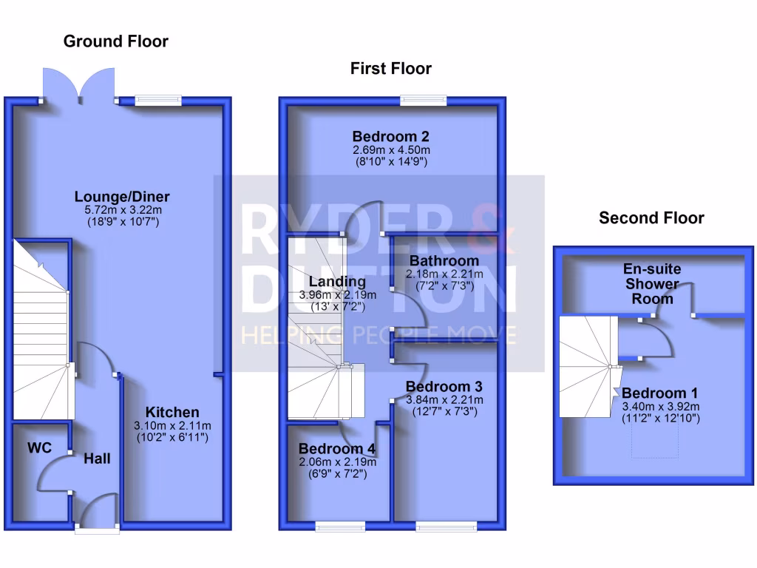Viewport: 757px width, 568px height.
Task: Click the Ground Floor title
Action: point(116,41)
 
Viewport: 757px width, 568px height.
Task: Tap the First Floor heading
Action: point(390,69)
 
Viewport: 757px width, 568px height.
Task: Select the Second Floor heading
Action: point(651,218)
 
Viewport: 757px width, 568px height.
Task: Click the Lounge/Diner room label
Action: point(122,197)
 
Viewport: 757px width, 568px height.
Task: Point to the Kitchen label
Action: point(172,412)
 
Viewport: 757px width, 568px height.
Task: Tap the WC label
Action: point(39,448)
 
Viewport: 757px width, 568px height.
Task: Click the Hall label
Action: point(97,459)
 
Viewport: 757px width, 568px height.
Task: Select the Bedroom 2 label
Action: point(391,137)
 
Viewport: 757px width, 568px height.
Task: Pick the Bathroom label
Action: point(444,261)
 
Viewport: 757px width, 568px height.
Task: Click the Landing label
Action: point(337,282)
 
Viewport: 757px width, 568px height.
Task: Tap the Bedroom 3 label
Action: point(444,387)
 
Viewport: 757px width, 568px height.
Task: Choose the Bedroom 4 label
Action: point(337,449)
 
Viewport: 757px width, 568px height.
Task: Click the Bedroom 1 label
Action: point(659,393)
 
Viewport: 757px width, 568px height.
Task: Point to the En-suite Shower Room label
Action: point(652,284)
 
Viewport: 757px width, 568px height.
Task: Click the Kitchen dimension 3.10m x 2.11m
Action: point(172,425)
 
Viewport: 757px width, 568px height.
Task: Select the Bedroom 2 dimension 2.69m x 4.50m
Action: point(391,149)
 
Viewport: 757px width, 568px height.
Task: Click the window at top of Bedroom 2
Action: point(424,100)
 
